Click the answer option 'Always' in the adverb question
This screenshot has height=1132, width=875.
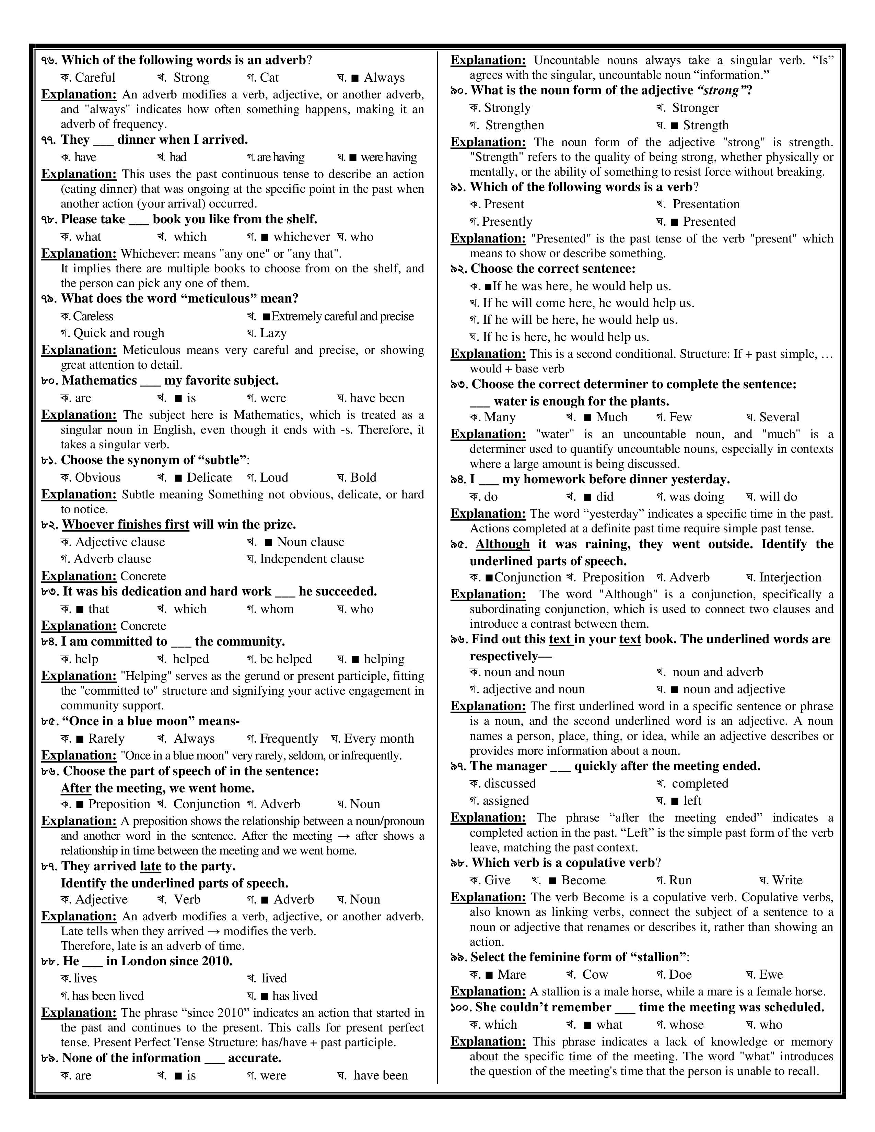pyautogui.click(x=384, y=78)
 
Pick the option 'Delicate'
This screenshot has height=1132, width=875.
pyautogui.click(x=209, y=477)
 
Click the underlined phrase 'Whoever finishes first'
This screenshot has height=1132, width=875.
pyautogui.click(x=126, y=524)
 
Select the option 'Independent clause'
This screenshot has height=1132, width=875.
pyautogui.click(x=312, y=559)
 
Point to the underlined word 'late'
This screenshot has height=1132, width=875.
pyautogui.click(x=150, y=866)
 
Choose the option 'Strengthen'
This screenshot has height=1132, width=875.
pyautogui.click(x=514, y=126)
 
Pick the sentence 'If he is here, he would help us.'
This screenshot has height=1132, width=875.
pyautogui.click(x=565, y=337)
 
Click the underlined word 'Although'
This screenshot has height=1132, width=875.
pyautogui.click(x=502, y=544)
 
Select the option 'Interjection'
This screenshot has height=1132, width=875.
pyautogui.click(x=790, y=577)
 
